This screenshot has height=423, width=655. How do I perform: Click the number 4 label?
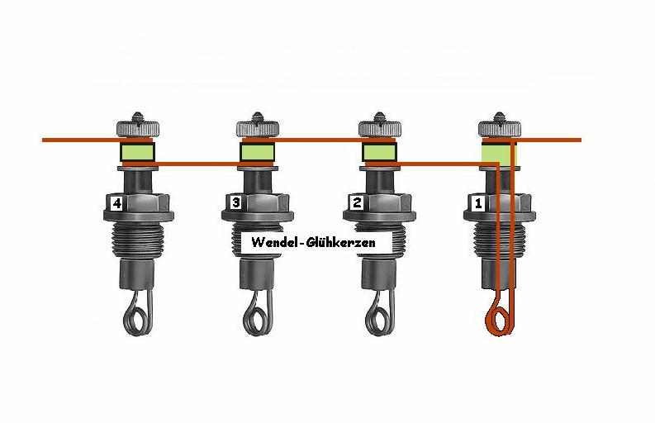click(x=116, y=203)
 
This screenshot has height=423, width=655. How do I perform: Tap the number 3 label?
click(x=236, y=202)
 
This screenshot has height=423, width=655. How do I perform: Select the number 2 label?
click(x=357, y=202)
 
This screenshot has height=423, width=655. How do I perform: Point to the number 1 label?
click(x=478, y=203)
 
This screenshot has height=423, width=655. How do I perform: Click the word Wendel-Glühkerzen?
click(x=313, y=242)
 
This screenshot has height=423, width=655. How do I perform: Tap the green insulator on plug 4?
click(x=137, y=152)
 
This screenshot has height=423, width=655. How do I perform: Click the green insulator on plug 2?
click(x=379, y=152)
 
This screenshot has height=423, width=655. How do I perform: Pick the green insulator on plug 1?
click(x=499, y=154)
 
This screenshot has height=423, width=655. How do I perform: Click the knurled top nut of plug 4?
click(x=137, y=128)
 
